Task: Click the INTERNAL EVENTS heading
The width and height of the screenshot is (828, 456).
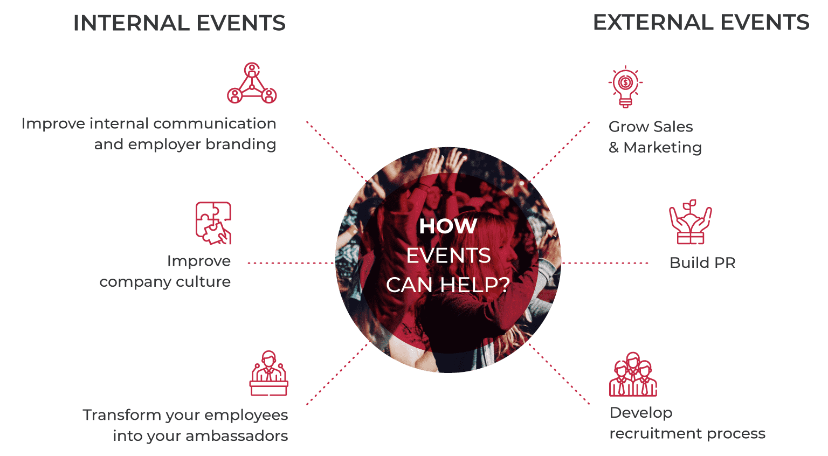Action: coord(180,23)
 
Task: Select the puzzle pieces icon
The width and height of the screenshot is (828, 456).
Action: coord(213,223)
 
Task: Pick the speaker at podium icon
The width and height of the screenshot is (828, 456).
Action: coord(269,373)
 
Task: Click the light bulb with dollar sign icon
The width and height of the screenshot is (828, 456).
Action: coord(625,87)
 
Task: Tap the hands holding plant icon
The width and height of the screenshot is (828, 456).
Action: coord(691,222)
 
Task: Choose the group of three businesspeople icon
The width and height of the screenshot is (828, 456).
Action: coord(633,374)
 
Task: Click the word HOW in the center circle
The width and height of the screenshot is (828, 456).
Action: coord(448,226)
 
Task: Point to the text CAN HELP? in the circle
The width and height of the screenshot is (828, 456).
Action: coord(448,285)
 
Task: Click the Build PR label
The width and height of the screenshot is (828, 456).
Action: coord(702,262)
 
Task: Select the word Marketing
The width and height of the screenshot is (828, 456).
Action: coord(663,148)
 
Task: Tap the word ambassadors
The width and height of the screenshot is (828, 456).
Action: coord(237,436)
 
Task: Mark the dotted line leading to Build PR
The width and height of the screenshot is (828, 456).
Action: coord(605,263)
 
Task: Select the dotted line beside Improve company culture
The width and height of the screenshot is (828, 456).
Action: coord(291,263)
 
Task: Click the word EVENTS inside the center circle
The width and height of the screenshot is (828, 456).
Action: coord(448,255)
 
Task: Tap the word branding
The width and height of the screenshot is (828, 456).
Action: coord(240,144)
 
